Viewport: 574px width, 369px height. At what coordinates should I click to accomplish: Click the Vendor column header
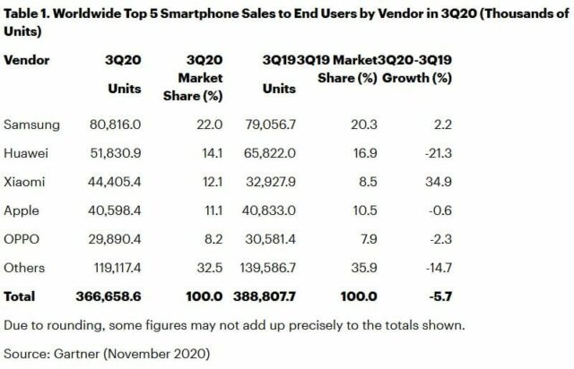27,60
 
